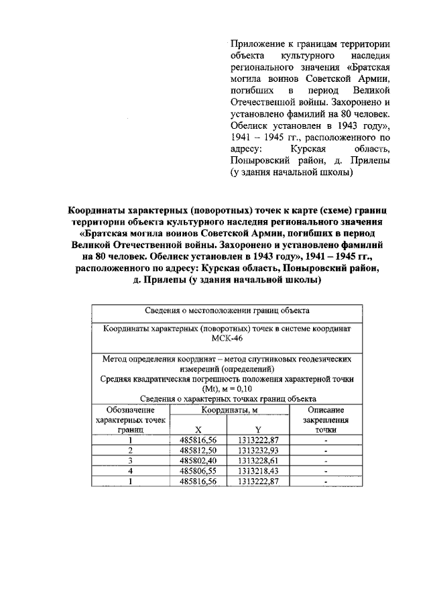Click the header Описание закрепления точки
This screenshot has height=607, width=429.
(326, 419)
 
